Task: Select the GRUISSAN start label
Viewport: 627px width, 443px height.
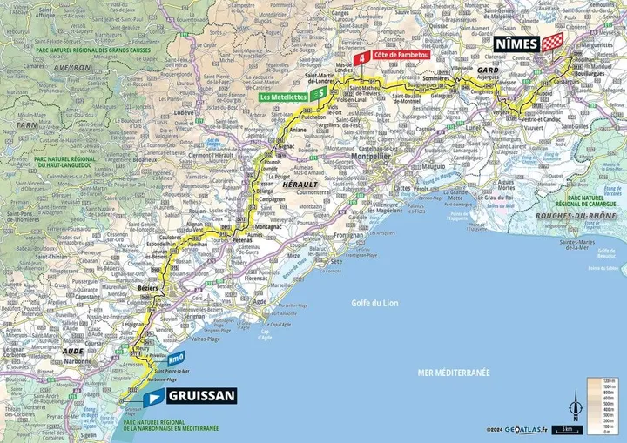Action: tap(201, 396)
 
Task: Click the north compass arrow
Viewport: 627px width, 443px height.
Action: tap(573, 405)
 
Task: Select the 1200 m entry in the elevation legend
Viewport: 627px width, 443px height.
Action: tap(602, 381)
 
